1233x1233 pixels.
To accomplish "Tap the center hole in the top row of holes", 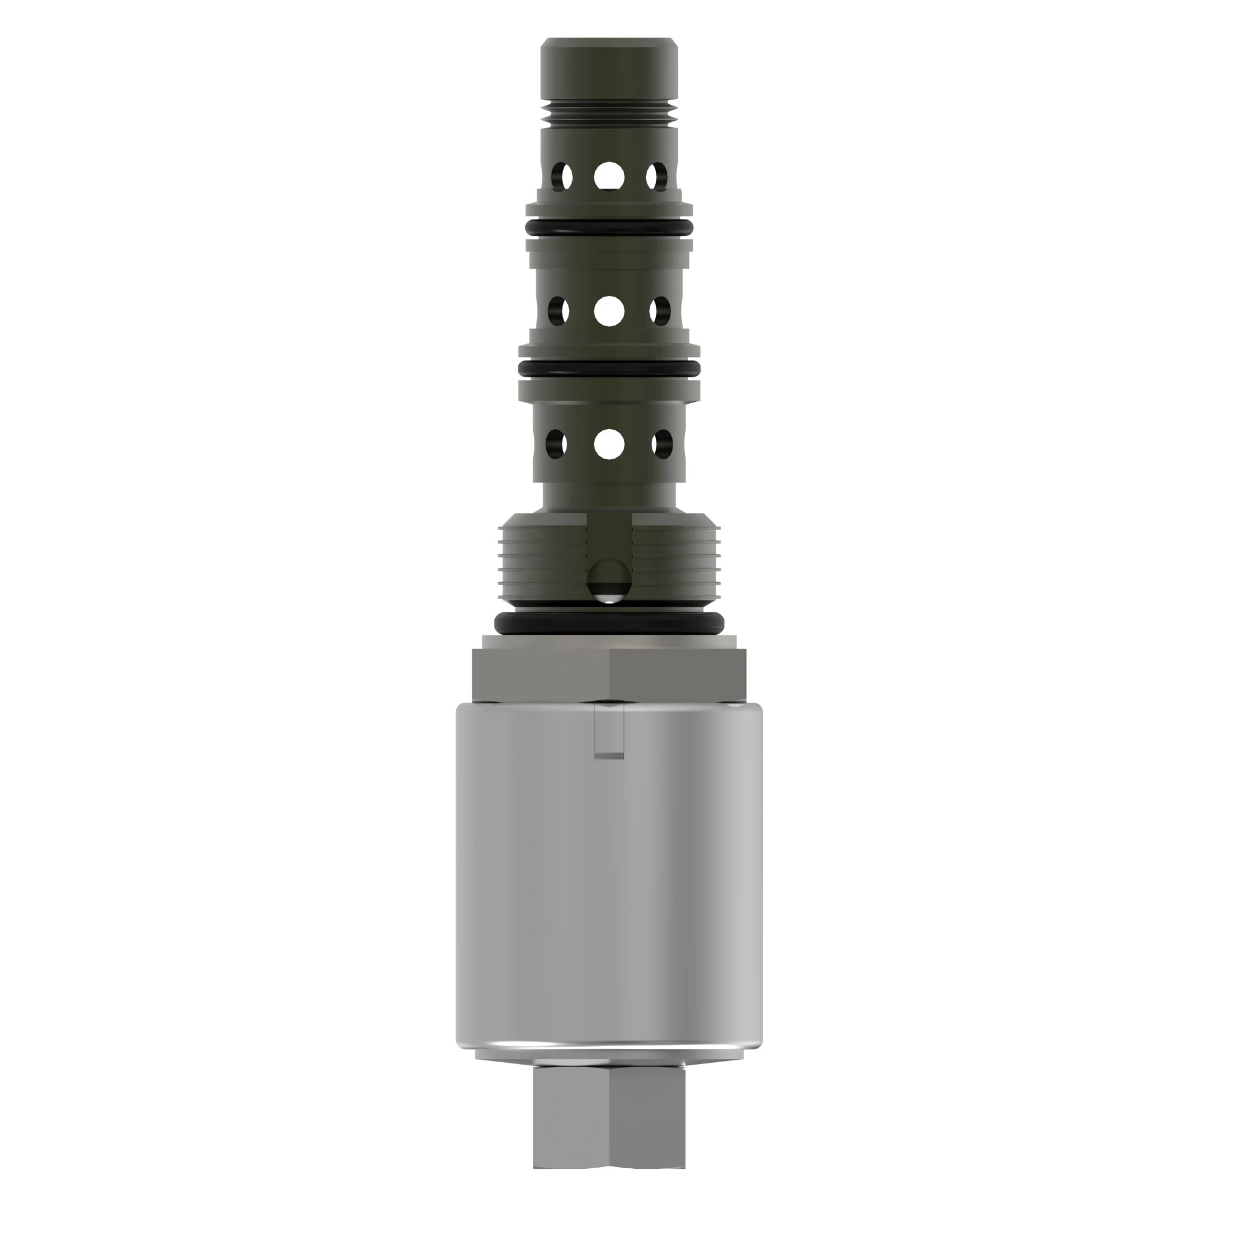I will pos(609,176).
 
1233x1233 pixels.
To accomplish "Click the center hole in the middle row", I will pos(609,311).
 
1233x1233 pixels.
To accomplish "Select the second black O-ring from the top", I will pos(609,369).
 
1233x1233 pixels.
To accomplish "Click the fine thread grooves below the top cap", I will pos(609,115).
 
